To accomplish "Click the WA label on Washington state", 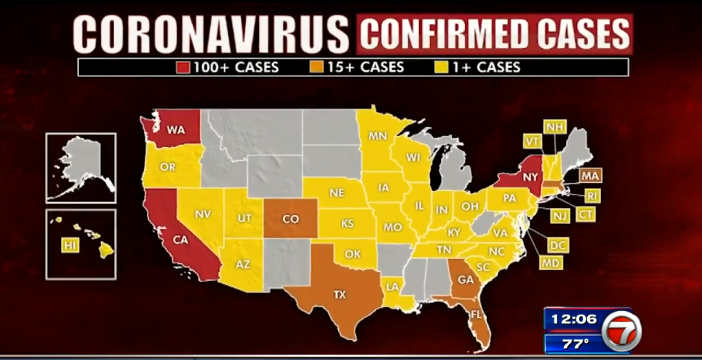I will click(x=177, y=130).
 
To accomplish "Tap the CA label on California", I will click(x=180, y=240).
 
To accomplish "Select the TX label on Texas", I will click(x=339, y=295).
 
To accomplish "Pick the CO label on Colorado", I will click(x=291, y=219).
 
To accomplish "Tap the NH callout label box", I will click(x=554, y=127).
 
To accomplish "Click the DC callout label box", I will click(x=557, y=245).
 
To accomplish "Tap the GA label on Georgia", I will click(x=465, y=280).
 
